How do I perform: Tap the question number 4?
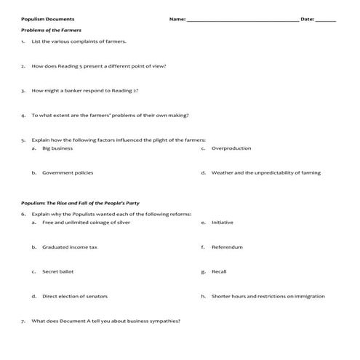click(x=24, y=114)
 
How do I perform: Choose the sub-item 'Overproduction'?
click(x=231, y=148)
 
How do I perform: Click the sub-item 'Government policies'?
click(x=67, y=172)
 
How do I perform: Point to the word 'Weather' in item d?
click(x=222, y=172)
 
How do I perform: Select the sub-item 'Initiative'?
click(x=222, y=223)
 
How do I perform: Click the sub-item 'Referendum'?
click(x=226, y=247)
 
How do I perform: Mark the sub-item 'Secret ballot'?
click(x=57, y=272)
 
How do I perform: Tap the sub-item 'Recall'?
click(x=219, y=272)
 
